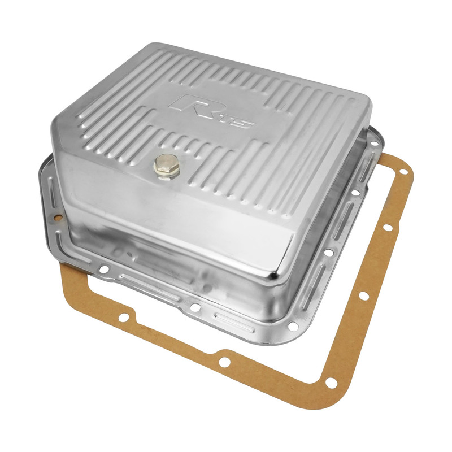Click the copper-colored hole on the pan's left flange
[x=58, y=218]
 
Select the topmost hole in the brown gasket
[x=403, y=172]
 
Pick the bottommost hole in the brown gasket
[x=331, y=383]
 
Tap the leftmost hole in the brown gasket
[x=123, y=318]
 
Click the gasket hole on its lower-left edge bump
[x=224, y=362]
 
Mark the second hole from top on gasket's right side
[x=387, y=228]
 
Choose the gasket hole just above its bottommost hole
[x=364, y=295]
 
